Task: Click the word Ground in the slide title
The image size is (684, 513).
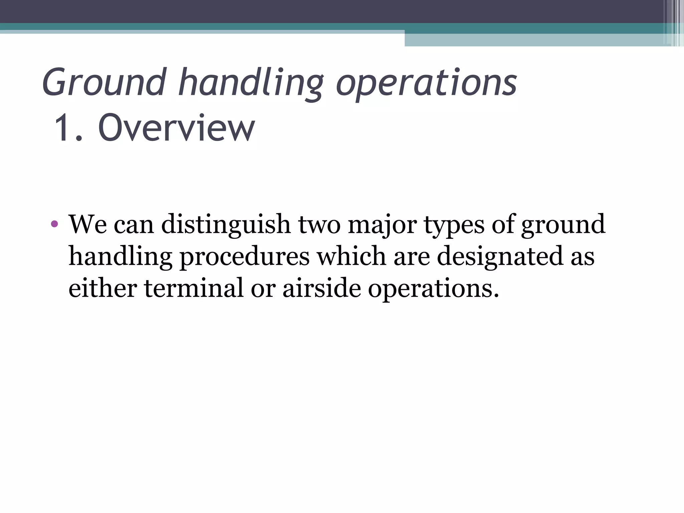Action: point(104,82)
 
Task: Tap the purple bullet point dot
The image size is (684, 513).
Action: point(54,224)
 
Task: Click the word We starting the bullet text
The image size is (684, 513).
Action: point(88,224)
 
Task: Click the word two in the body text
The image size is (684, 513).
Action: point(319,224)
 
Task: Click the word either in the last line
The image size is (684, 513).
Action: point(103,288)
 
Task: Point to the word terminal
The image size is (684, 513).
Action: point(194,288)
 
